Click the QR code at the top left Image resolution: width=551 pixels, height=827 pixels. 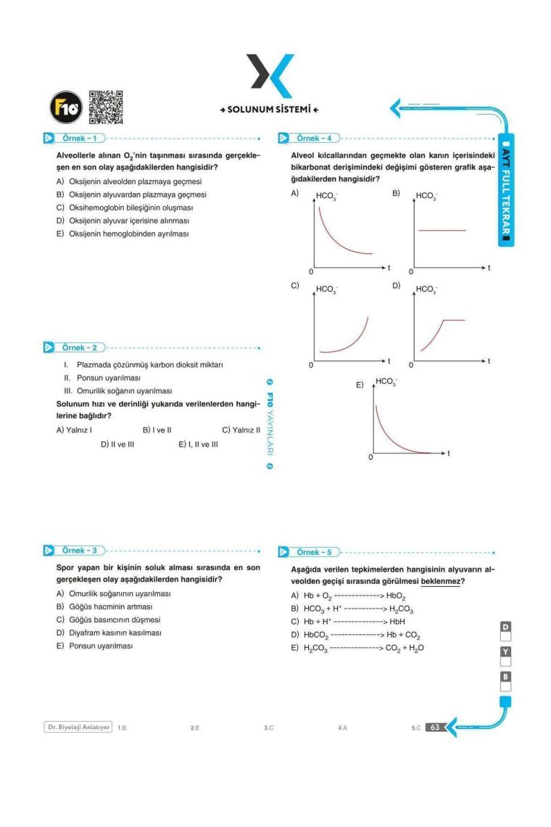pos(105,107)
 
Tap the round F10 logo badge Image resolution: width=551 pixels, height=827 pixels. pos(62,107)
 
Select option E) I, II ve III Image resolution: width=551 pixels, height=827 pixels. pos(198,444)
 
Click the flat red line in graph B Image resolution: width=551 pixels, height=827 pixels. pos(442,230)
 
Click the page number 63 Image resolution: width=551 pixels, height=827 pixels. pos(434,727)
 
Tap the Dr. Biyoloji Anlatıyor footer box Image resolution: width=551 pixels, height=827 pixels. pos(78,727)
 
